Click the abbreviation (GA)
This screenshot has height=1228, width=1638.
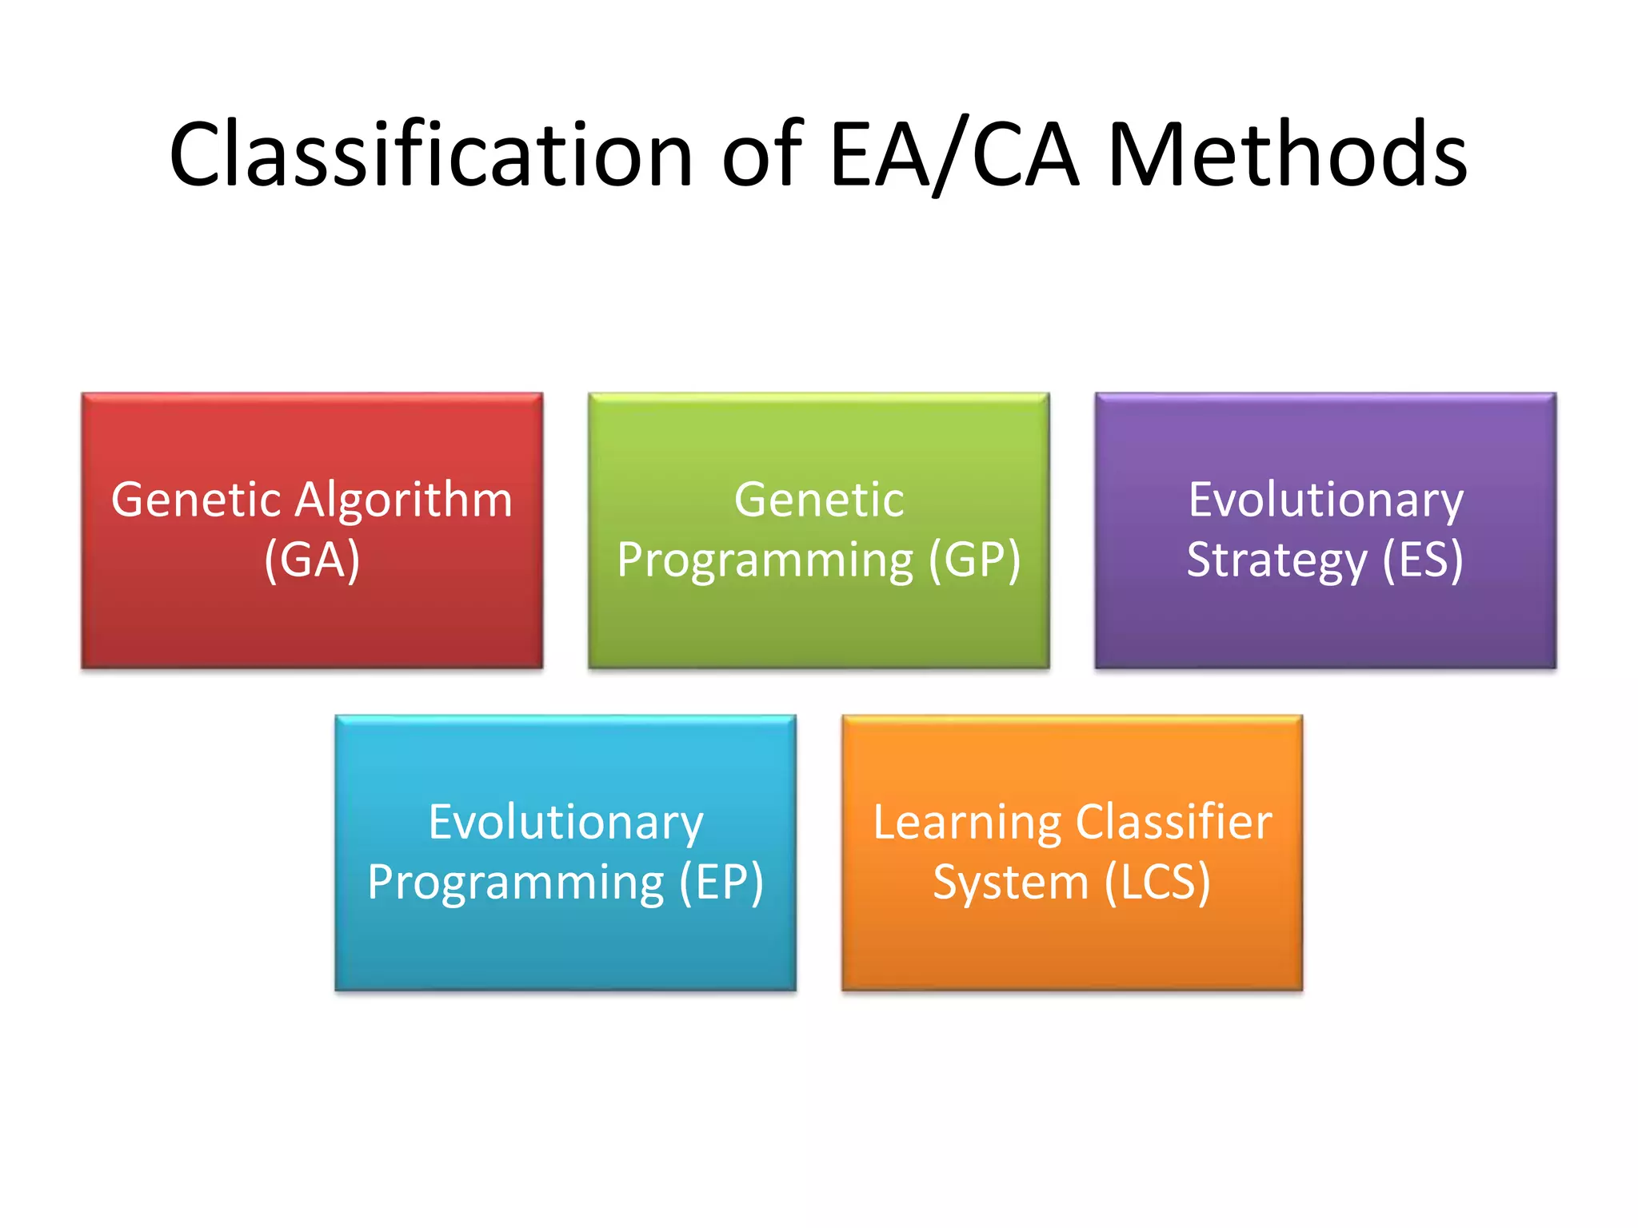[x=312, y=560]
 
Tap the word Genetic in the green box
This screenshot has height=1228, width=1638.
[x=819, y=500]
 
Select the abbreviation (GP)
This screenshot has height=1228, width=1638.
[x=974, y=560]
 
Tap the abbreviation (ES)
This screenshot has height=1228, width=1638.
[x=1423, y=560]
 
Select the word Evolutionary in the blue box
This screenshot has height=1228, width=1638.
[x=565, y=823]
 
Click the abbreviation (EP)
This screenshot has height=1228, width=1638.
[x=721, y=883]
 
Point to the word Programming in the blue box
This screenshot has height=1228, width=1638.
[x=516, y=884]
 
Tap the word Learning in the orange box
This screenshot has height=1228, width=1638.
[x=966, y=823]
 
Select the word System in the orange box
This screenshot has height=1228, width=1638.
[x=1011, y=884]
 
